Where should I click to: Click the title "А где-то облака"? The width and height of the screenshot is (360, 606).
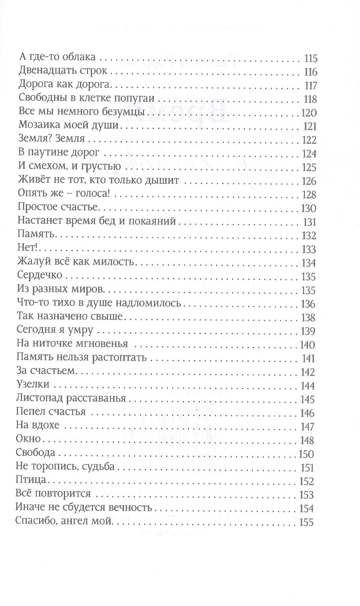58,57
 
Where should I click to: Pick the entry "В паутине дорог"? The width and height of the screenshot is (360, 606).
59,153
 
